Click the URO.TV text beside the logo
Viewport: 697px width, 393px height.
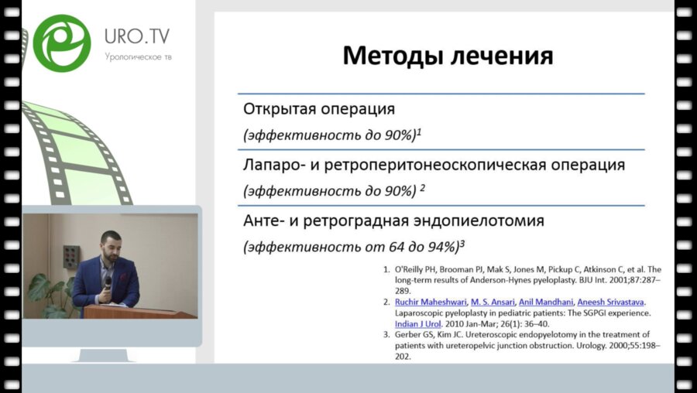tap(137, 36)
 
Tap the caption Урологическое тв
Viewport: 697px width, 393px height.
tap(138, 57)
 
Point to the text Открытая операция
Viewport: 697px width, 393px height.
tap(319, 109)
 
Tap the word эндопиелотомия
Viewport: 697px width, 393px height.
tap(476, 220)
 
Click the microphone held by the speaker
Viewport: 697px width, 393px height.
tap(108, 278)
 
